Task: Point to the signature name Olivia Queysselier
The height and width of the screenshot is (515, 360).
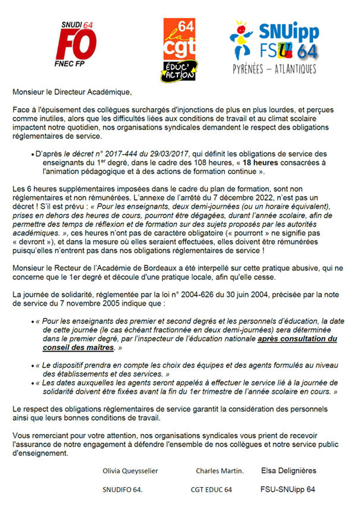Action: [130, 471]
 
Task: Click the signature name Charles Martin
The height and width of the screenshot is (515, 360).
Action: [220, 471]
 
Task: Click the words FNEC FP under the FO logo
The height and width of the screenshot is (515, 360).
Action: [83, 73]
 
